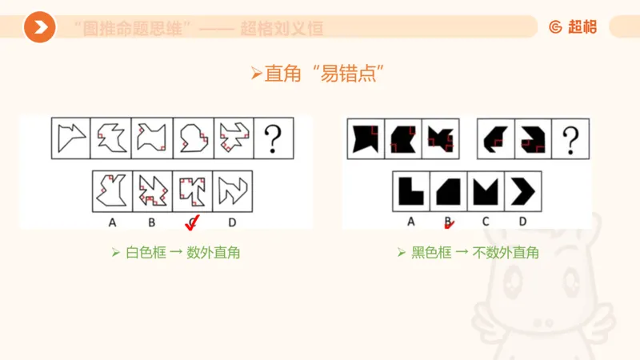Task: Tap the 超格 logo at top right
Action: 573,27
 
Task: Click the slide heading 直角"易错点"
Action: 319,74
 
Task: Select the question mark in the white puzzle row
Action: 273,138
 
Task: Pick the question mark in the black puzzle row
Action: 570,138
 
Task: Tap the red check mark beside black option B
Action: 450,223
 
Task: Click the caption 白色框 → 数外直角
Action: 175,253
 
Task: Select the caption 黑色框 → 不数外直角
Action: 467,253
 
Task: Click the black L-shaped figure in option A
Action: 411,191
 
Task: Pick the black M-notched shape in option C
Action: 486,191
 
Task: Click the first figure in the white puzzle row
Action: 71,138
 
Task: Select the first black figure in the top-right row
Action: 366,138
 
